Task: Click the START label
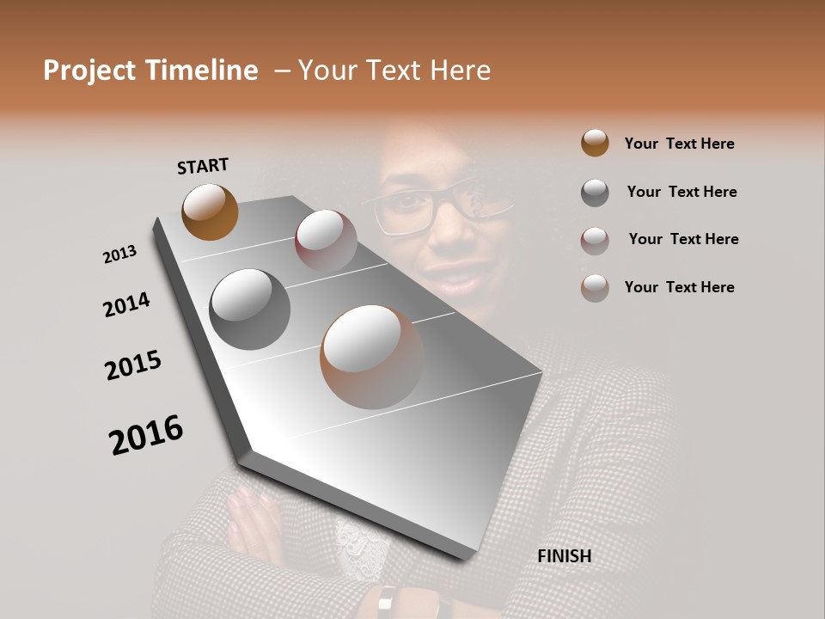[203, 166]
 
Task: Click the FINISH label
[564, 556]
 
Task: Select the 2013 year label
[119, 254]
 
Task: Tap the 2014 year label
[126, 305]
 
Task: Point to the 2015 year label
[133, 365]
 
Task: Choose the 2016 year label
[146, 434]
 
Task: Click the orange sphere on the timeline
[210, 211]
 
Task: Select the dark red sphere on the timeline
[326, 241]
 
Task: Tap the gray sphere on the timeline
[249, 309]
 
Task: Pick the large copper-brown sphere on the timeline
[371, 357]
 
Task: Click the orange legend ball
[595, 143]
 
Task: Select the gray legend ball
[595, 193]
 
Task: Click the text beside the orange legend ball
[679, 144]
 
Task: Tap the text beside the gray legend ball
[681, 192]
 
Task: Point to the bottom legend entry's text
[679, 287]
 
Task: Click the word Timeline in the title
[202, 70]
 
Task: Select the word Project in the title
[89, 70]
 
